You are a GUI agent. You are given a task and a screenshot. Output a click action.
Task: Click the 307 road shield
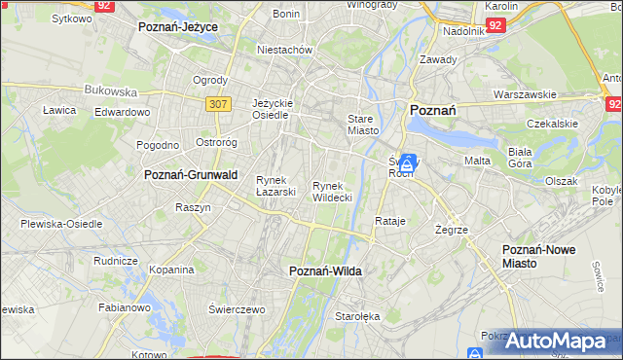click(217, 104)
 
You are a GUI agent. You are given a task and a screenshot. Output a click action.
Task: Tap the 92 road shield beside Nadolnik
click(496, 24)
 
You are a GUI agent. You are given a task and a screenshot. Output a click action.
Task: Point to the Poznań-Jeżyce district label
click(178, 27)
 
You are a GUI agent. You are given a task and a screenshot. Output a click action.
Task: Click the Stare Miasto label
click(362, 124)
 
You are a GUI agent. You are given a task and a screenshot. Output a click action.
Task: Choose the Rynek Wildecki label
click(332, 191)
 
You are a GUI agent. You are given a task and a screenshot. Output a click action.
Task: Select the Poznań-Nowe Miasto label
click(538, 256)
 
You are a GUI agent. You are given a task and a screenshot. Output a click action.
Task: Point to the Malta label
click(477, 161)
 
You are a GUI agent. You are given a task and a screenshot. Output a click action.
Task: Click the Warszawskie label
click(525, 94)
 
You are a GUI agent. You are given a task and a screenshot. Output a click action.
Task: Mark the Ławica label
click(59, 110)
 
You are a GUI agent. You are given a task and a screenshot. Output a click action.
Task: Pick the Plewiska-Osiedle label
click(61, 224)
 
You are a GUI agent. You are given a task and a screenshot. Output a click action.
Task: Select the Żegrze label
click(453, 230)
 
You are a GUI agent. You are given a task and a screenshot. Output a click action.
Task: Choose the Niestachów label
click(283, 49)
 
